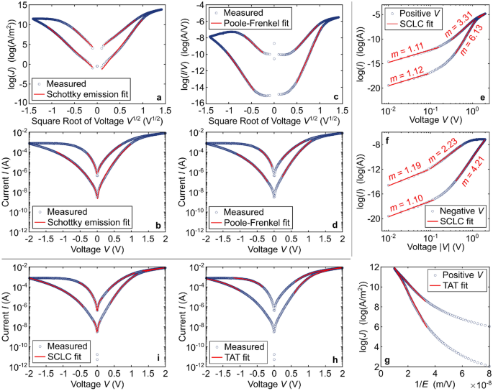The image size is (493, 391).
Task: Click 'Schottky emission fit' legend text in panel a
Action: (x=76, y=94)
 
